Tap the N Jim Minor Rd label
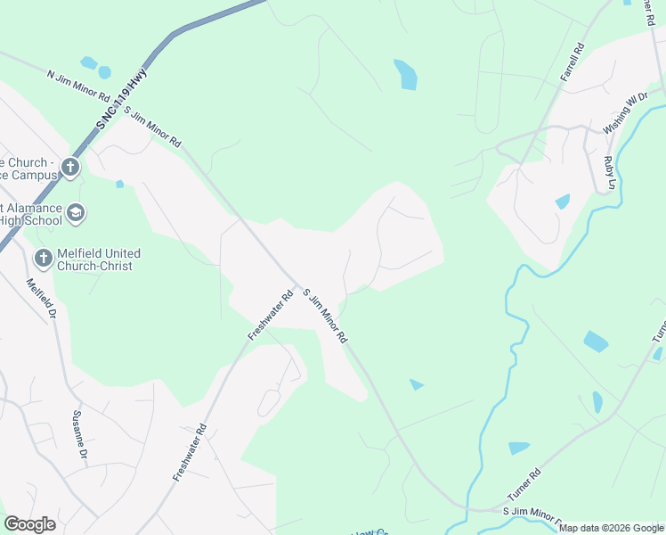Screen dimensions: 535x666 pos(78,84)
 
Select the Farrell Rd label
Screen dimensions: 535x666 pos(572,63)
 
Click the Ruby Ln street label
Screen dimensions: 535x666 pos(610,172)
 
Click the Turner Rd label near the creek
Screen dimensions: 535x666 pos(523,487)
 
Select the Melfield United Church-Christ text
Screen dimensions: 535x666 pos(98,259)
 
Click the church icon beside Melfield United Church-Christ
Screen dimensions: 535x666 pos(42,259)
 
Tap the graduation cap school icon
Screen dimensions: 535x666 pos(76,213)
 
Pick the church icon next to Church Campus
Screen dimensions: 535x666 pos(70,167)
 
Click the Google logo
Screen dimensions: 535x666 pos(29,524)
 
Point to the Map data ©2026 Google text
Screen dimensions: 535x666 pos(611,528)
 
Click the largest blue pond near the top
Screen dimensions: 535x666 pos(406,74)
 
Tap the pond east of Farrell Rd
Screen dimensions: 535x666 pos(562,202)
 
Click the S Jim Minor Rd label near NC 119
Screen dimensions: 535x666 pos(152,128)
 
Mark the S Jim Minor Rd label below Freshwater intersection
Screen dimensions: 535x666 pos(323,317)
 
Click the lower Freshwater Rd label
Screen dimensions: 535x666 pos(190,452)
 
